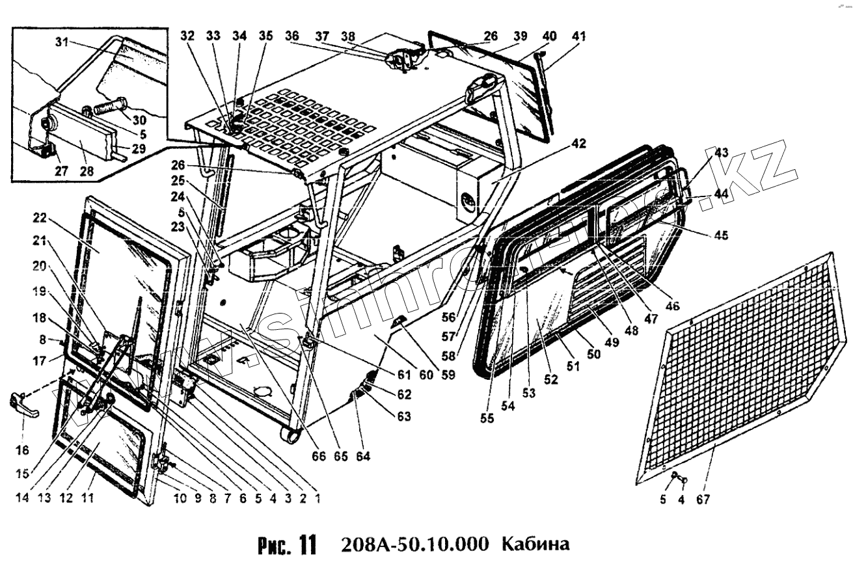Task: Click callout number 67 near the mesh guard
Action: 703,500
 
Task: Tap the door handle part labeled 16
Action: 24,406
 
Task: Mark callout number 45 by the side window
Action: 720,235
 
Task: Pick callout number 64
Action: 362,457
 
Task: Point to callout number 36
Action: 290,37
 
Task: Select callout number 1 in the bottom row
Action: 317,499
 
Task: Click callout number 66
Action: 318,457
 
